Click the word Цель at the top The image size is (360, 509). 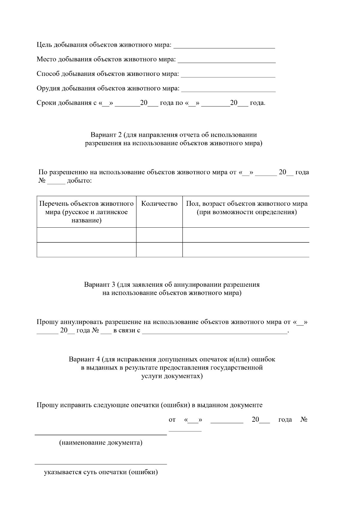click(x=44, y=45)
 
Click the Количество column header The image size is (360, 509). click(x=159, y=204)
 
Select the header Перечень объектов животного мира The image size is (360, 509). click(x=86, y=212)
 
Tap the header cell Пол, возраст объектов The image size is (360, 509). click(x=246, y=208)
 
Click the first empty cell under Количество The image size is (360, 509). click(x=159, y=235)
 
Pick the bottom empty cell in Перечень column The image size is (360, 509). click(x=86, y=250)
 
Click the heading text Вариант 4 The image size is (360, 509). click(x=84, y=359)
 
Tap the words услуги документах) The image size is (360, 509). click(x=172, y=376)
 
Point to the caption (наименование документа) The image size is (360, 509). click(x=101, y=443)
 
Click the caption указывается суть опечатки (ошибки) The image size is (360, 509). click(x=101, y=472)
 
